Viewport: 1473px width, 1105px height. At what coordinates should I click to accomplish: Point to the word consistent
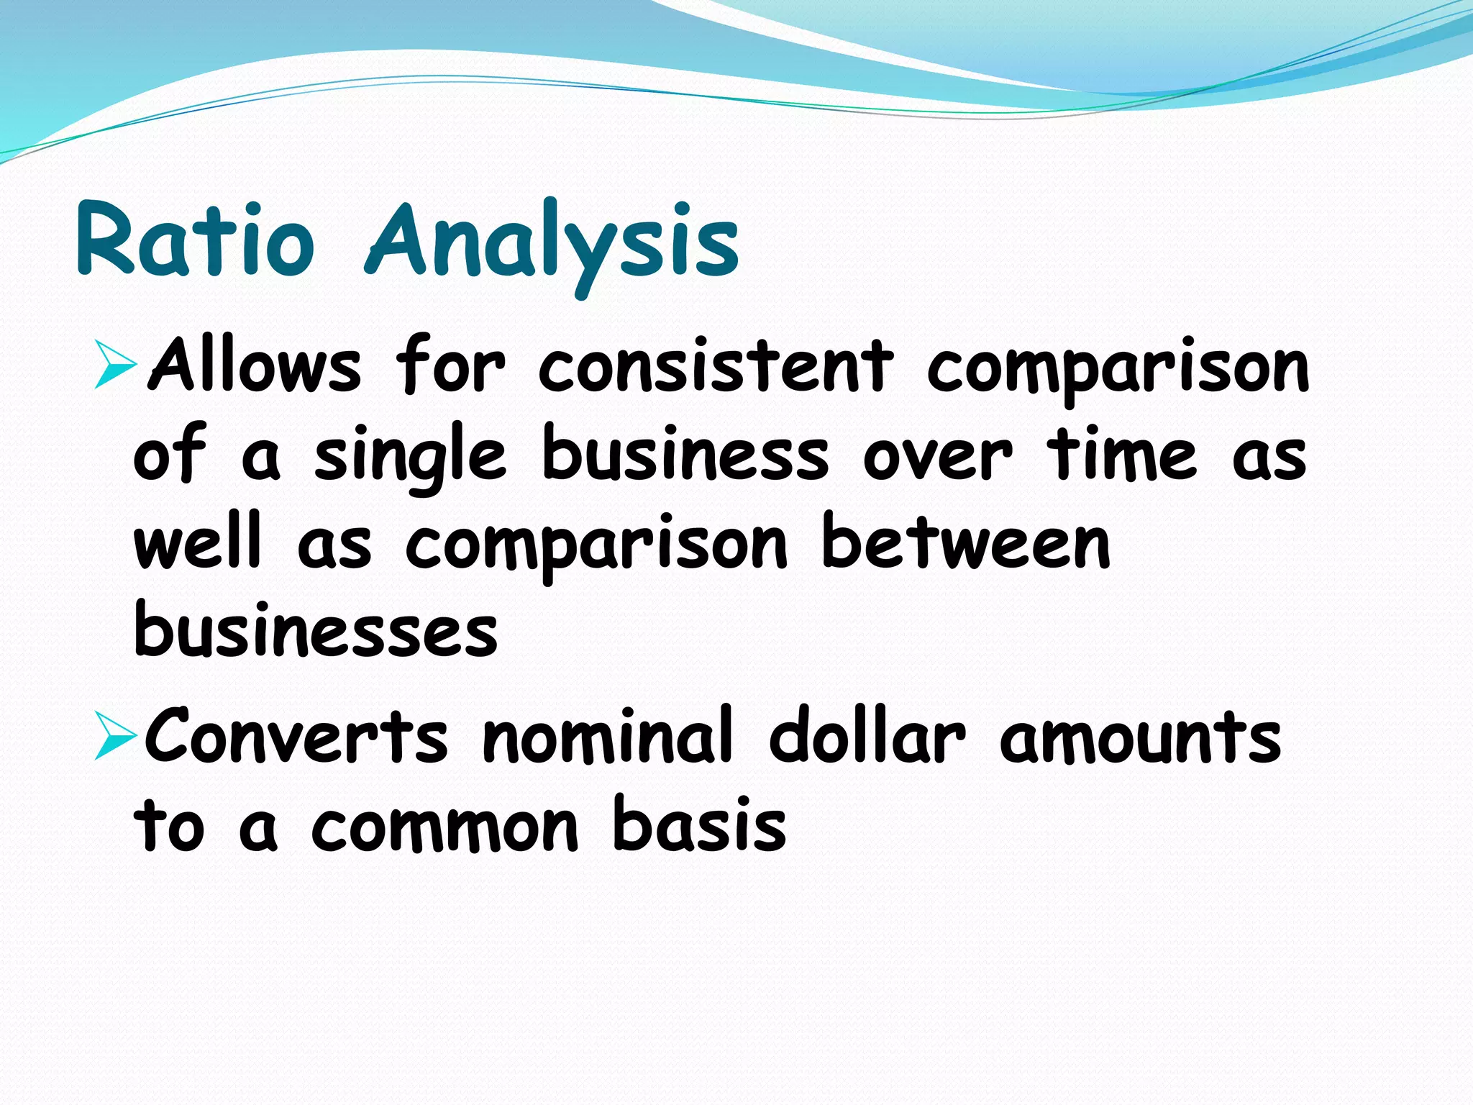716,367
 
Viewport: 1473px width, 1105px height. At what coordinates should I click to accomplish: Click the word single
410,456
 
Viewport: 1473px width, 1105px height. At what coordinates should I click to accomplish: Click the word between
965,544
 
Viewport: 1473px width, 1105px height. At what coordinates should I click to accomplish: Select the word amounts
1141,738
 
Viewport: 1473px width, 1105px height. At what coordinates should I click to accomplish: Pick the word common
444,827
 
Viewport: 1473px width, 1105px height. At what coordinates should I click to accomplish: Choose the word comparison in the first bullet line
1118,370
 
